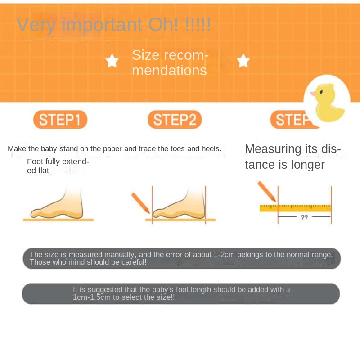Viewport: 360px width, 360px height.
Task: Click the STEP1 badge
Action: tap(60, 119)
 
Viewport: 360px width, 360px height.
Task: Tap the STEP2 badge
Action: tap(175, 119)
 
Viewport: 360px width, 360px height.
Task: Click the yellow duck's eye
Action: tap(321, 92)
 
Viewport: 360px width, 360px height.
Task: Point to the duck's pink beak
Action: tap(313, 94)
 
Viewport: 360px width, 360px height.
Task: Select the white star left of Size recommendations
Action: tap(112, 61)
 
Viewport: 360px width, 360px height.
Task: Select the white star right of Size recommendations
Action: tap(243, 61)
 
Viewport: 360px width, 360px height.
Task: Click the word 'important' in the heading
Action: tap(102, 25)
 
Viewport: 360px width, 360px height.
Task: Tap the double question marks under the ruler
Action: tap(304, 217)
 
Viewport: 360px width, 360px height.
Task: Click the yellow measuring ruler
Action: tap(295, 208)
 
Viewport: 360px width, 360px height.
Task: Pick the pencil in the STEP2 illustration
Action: tap(140, 203)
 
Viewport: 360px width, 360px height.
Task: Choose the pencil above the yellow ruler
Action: tap(267, 191)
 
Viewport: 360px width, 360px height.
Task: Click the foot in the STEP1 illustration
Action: tap(57, 204)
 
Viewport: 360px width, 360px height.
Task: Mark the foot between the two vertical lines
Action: tap(179, 204)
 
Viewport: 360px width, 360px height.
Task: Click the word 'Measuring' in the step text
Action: tap(273, 149)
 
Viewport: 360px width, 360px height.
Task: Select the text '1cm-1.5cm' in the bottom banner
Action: tap(92, 297)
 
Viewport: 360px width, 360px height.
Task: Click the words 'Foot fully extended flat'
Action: tap(58, 166)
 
